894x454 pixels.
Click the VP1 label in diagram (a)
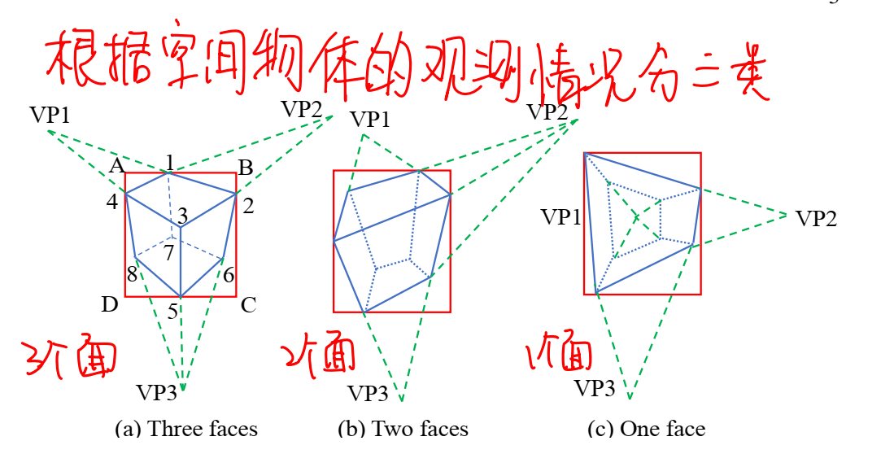50,115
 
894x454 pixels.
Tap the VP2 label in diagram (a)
301,108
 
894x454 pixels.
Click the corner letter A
116,167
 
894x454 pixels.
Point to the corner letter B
244,168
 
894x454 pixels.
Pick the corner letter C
248,306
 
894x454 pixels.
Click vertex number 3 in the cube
182,216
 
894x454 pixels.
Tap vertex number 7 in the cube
168,253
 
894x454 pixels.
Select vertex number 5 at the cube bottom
172,310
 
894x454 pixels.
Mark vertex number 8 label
132,275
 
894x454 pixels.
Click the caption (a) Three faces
186,429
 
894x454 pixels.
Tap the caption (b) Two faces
403,429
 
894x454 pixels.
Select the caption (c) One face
646,429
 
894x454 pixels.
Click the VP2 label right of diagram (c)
816,218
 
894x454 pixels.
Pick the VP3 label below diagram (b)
368,394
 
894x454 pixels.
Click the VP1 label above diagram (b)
370,119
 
